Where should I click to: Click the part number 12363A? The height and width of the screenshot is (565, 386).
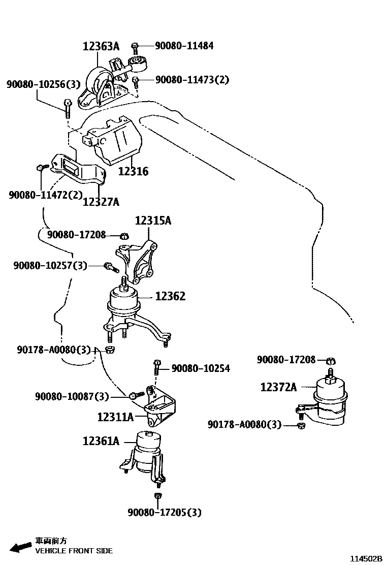[101, 47]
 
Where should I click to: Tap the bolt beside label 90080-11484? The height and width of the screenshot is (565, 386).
[135, 47]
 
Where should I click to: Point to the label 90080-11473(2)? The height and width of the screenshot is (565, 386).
[192, 79]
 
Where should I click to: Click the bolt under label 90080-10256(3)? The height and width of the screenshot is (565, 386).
[68, 105]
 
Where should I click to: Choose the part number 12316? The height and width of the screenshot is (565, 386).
[133, 171]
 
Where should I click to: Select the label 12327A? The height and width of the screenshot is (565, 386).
[101, 202]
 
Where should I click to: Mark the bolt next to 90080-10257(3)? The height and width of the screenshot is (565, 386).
[109, 265]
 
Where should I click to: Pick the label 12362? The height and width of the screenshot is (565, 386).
[170, 296]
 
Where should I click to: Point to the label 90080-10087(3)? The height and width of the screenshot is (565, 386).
[72, 396]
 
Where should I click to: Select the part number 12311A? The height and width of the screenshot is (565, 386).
[115, 417]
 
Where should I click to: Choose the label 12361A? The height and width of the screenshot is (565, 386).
[101, 441]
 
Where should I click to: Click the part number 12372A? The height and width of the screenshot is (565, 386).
[278, 387]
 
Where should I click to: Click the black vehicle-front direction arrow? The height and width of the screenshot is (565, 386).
[21, 547]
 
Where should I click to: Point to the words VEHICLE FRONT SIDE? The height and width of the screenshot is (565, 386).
[74, 551]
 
